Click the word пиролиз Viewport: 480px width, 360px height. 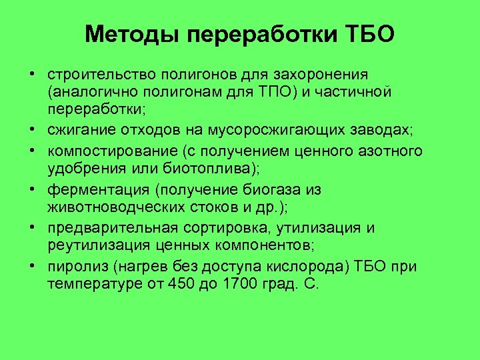[69, 267]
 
